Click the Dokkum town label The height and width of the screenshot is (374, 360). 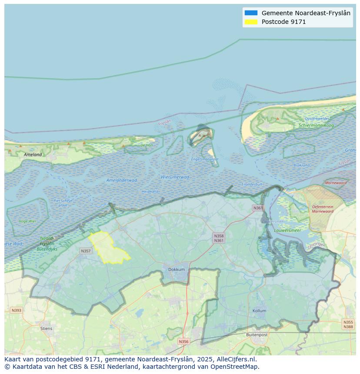coord(177,269)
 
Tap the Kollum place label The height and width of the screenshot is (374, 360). coord(260,311)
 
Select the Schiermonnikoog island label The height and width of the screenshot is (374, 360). coord(316,126)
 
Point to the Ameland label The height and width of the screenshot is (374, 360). coord(33,154)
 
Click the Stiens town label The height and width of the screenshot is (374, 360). coord(46,328)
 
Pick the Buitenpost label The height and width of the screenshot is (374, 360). coord(257,335)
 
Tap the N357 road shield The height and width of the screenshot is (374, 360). coord(86,251)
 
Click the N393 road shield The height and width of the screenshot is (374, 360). coord(16,310)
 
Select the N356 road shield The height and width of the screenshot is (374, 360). coord(184,341)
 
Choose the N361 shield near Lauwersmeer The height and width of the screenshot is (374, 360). coord(258,208)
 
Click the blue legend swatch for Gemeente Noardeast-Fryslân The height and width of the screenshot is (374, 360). coord(251,13)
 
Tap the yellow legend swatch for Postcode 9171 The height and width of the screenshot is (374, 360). coord(251,22)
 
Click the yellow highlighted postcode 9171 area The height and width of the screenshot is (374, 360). coord(107,248)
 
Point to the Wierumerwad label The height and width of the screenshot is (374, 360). coord(175,177)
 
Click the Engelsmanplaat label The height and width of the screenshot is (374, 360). coord(205,159)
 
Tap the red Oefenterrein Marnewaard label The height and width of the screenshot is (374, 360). coord(322,209)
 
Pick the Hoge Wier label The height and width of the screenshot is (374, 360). coord(27,221)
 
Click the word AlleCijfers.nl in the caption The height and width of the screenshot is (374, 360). coord(238,359)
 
